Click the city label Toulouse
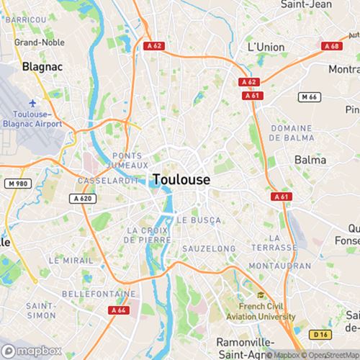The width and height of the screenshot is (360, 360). (181, 179)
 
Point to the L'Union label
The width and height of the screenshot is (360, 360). (266, 47)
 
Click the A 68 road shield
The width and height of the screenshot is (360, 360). (331, 46)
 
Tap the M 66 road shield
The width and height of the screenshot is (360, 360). (309, 96)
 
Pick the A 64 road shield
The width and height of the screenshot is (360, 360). (118, 310)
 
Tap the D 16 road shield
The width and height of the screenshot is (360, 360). (320, 333)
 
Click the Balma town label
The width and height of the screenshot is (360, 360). (310, 159)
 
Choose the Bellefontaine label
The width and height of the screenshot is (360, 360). (98, 294)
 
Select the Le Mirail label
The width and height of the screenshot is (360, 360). (70, 259)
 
